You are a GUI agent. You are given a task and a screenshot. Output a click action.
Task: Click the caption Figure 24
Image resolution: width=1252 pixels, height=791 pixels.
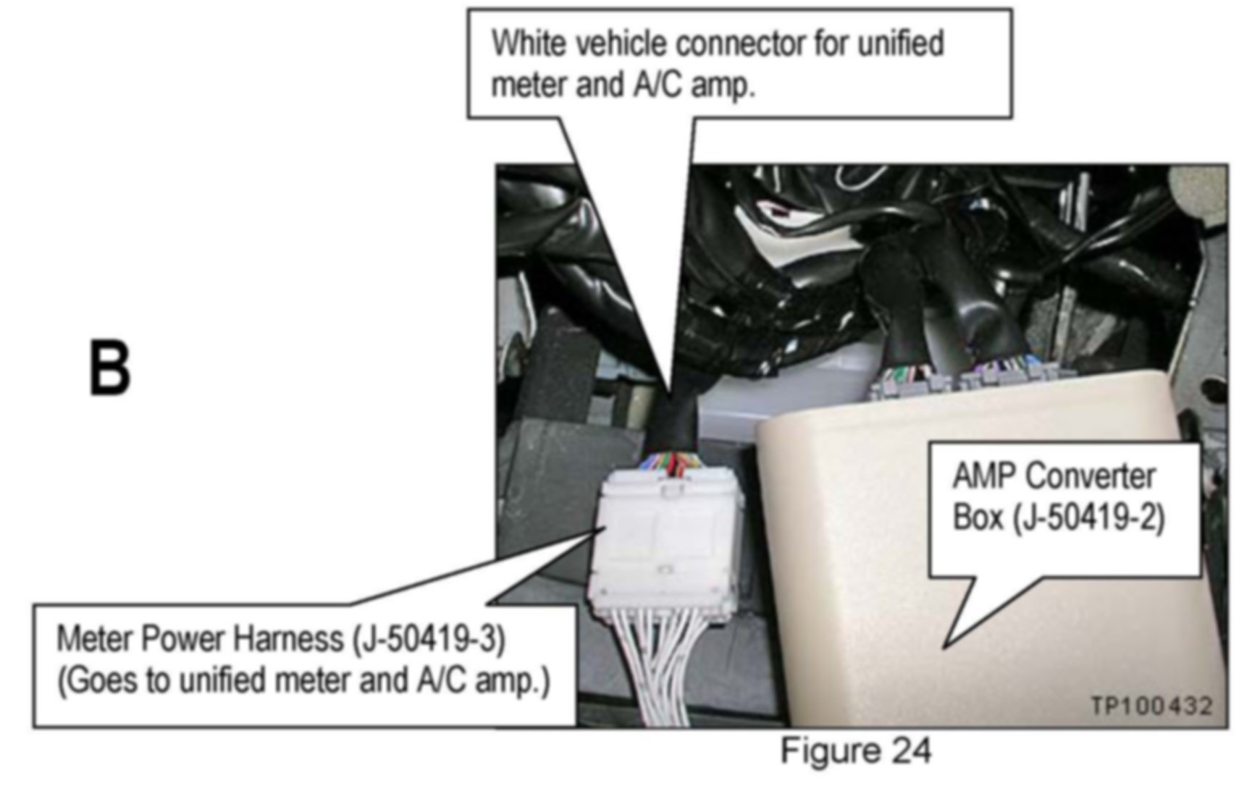855,750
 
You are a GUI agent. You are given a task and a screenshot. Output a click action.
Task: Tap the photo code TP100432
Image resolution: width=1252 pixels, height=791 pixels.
1151,706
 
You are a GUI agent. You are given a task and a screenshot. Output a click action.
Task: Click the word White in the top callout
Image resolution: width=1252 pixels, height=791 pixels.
529,43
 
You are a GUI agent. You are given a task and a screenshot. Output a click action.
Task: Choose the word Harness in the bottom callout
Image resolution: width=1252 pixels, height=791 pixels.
297,640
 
